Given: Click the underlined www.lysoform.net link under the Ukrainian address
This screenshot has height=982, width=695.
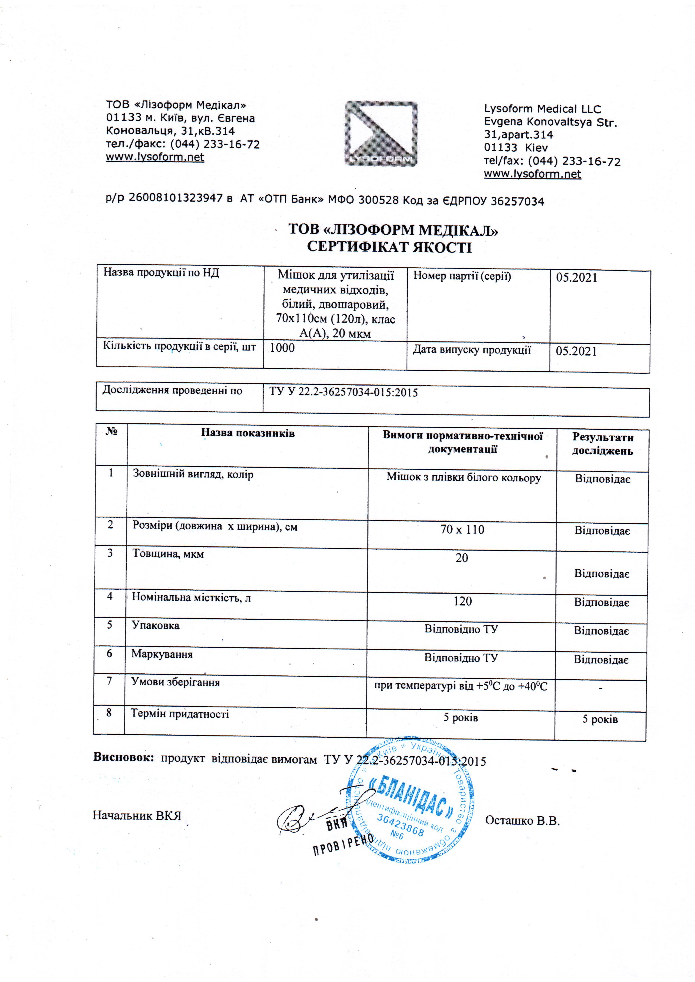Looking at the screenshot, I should click(155, 157).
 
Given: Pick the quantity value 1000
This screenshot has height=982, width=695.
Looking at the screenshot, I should click(282, 348).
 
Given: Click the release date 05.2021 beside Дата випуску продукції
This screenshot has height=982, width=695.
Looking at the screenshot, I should click(576, 352).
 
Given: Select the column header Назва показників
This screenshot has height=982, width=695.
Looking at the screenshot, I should click(248, 433).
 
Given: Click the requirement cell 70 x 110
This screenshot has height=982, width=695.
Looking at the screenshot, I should click(462, 530).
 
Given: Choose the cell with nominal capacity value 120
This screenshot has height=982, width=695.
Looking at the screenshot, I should click(462, 601).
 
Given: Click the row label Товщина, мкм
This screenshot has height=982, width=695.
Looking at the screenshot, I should click(168, 554).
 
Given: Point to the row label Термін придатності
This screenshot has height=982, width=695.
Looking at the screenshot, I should click(180, 713).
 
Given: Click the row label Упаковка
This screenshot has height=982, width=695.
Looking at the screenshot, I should click(155, 625).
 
